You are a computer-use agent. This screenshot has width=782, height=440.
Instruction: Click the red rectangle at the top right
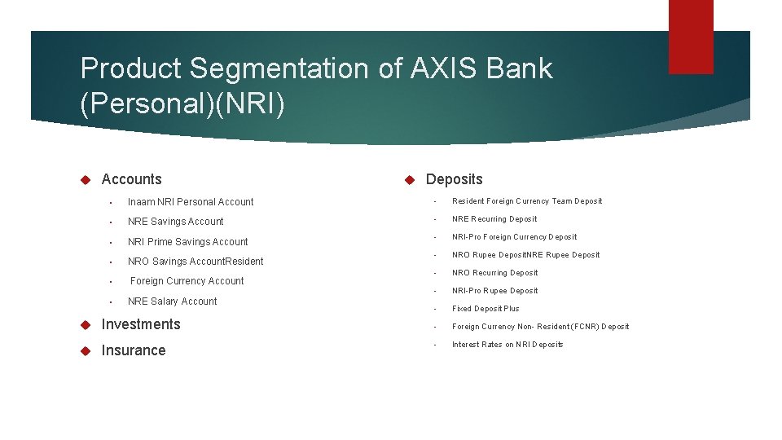pyautogui.click(x=690, y=37)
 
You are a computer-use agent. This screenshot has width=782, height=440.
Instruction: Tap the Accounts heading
pyautogui.click(x=131, y=179)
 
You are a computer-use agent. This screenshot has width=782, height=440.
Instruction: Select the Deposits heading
pyautogui.click(x=454, y=179)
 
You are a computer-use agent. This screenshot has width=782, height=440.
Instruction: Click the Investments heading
pyautogui.click(x=141, y=324)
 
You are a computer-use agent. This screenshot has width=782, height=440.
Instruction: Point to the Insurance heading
pyautogui.click(x=133, y=350)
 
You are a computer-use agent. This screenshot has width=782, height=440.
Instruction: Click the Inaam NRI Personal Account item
pyautogui.click(x=191, y=202)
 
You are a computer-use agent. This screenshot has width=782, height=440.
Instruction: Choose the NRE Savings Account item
pyautogui.click(x=175, y=222)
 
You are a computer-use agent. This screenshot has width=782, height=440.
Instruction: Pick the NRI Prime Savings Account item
pyautogui.click(x=187, y=242)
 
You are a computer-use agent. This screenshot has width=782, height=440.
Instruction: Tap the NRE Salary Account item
pyautogui.click(x=172, y=301)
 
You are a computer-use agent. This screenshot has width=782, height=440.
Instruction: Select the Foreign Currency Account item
pyautogui.click(x=187, y=281)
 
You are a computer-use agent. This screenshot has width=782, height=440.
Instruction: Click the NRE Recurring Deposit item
pyautogui.click(x=494, y=219)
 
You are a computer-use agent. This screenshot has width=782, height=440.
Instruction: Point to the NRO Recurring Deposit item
pyautogui.click(x=494, y=273)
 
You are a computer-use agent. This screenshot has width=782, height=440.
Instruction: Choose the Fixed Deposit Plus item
pyautogui.click(x=485, y=309)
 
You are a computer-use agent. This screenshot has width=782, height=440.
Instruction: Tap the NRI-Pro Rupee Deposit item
pyautogui.click(x=494, y=291)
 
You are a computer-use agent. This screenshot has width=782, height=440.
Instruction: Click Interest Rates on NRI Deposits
pyautogui.click(x=507, y=345)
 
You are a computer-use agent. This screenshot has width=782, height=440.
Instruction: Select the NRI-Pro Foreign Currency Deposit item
pyautogui.click(x=514, y=237)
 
